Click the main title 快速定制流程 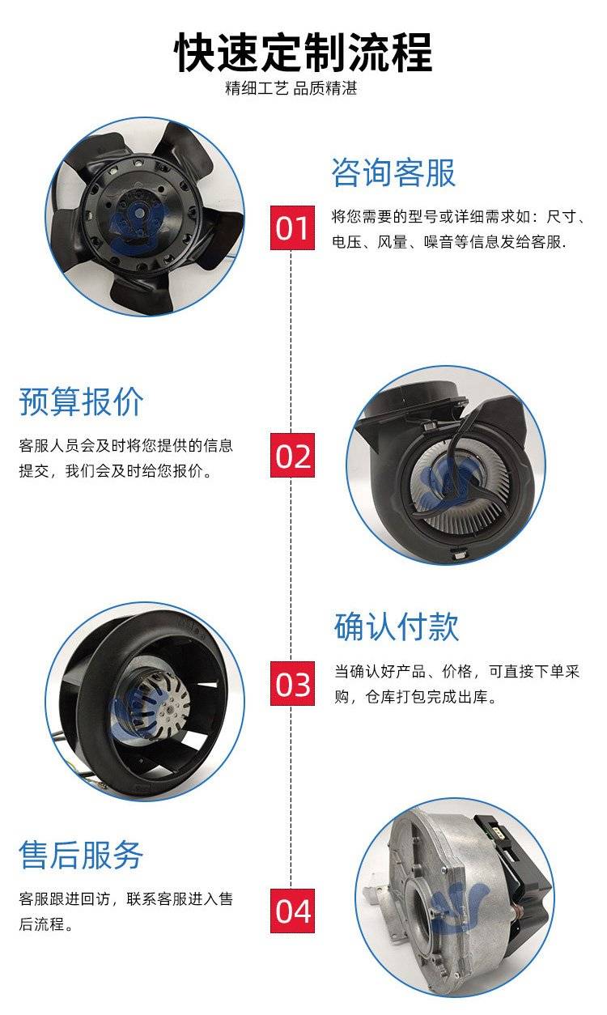303,53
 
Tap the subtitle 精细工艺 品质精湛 291,88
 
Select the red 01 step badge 292,227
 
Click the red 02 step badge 292,456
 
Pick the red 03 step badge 292,683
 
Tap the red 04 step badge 292,911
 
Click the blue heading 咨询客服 393,172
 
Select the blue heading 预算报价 81,401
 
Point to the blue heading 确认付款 397,626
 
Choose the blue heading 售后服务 81,855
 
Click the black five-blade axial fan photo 145,217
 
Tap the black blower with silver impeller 446,465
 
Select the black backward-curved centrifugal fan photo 145,702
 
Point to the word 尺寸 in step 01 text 561,217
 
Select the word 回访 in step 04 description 96,898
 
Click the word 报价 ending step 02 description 187,471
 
